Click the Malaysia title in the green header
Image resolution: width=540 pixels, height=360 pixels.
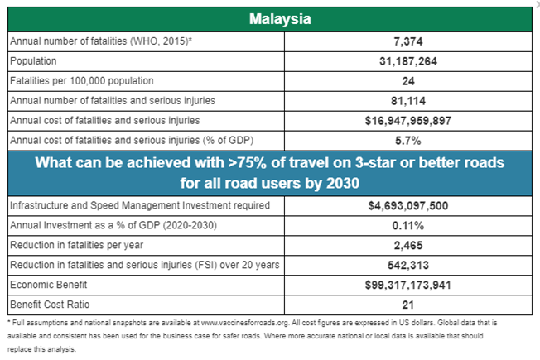(280, 19)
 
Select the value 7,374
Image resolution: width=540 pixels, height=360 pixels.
(408, 41)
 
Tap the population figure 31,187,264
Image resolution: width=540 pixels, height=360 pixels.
(408, 61)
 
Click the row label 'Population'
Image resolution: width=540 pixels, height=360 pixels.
(33, 61)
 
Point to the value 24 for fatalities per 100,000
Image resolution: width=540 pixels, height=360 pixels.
(408, 81)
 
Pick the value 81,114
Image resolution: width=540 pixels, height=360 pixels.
(408, 101)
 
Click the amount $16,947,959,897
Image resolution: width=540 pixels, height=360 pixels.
(408, 121)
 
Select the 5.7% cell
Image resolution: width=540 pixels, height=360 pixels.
(408, 141)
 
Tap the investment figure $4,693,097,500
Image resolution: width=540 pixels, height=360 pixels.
(408, 206)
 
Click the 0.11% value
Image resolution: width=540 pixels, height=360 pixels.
(408, 226)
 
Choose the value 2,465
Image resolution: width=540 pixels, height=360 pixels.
(408, 246)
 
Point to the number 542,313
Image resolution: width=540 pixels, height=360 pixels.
(408, 265)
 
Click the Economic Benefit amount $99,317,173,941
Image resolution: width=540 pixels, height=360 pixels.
(408, 285)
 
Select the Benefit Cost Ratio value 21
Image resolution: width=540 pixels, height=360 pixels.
(408, 305)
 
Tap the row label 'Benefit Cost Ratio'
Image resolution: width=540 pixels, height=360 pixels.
(50, 305)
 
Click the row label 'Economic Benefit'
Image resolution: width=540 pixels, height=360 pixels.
(49, 285)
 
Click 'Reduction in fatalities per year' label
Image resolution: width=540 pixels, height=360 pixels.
(76, 245)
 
